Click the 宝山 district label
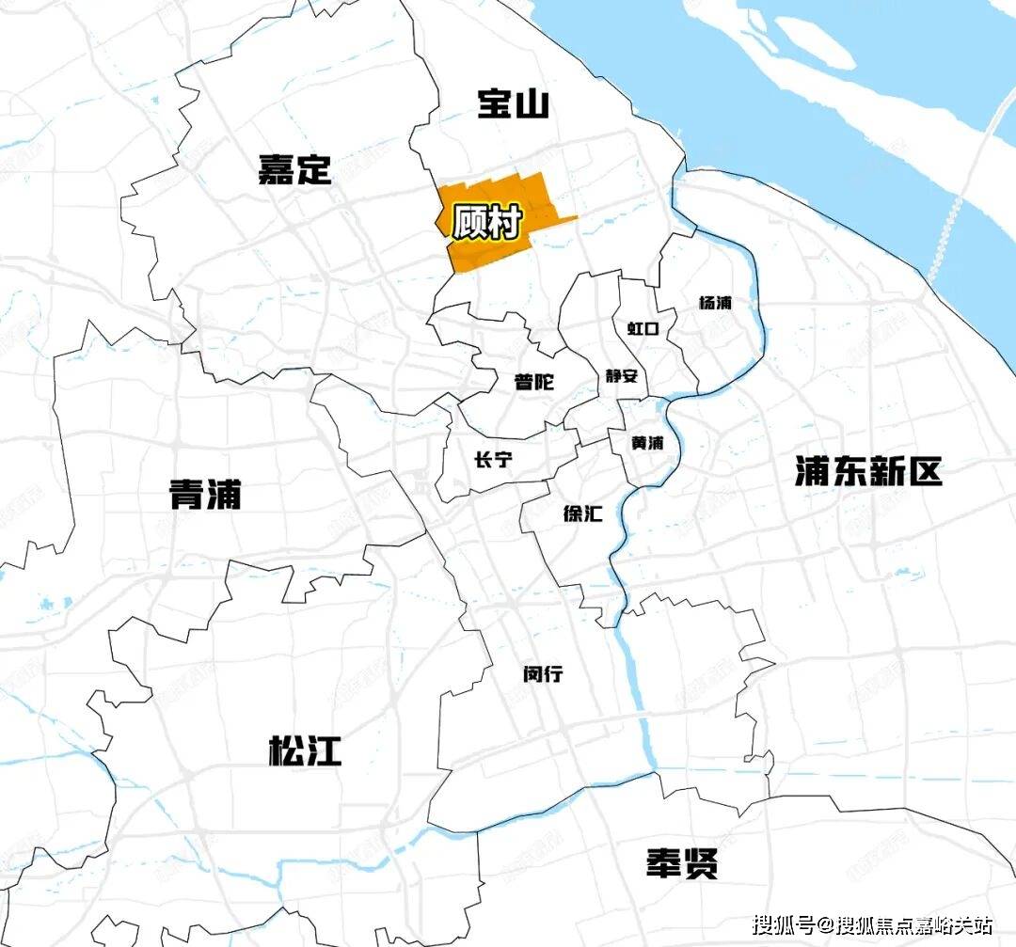pos(513,103)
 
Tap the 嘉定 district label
pos(294,170)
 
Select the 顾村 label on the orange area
pos(487,223)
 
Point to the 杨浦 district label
pos(715,303)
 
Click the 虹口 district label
pos(643,328)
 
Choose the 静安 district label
pos(622,376)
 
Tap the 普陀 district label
pos(533,383)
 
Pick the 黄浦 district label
pos(648,443)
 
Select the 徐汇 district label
pos(582,514)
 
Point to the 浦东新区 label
pos(867,471)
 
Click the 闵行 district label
pos(543,674)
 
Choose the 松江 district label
pos(305,750)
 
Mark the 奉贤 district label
pos(682,862)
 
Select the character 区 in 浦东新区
pos(925,471)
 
